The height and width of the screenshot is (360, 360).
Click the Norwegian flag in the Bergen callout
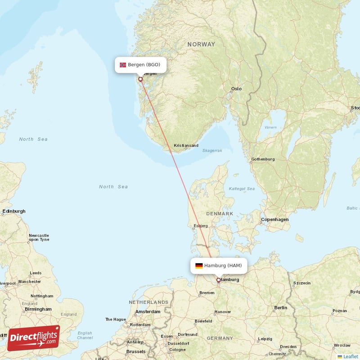(x=123, y=65)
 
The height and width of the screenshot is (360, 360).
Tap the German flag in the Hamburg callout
(x=198, y=265)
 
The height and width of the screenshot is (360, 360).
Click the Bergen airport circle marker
(x=140, y=79)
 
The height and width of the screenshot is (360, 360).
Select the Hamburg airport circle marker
(x=219, y=280)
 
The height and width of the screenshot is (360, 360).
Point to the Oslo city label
(x=236, y=89)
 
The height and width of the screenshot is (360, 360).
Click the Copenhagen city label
(x=274, y=220)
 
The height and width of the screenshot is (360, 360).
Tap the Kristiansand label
(x=186, y=146)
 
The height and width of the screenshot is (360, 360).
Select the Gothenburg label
(x=263, y=159)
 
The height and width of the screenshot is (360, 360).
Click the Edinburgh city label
(x=14, y=211)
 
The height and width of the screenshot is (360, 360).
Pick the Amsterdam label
(x=148, y=311)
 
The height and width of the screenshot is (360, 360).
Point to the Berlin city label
(x=280, y=308)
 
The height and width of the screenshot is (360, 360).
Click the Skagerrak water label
(x=212, y=151)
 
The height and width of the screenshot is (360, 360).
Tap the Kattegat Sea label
(x=242, y=189)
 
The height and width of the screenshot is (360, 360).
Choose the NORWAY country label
(x=201, y=44)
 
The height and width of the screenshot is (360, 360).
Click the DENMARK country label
(x=220, y=214)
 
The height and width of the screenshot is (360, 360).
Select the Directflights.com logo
(x=34, y=337)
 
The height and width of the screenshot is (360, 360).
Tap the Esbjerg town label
(x=200, y=225)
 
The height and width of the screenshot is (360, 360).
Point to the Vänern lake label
(x=270, y=127)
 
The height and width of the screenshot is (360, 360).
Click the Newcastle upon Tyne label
(x=39, y=237)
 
